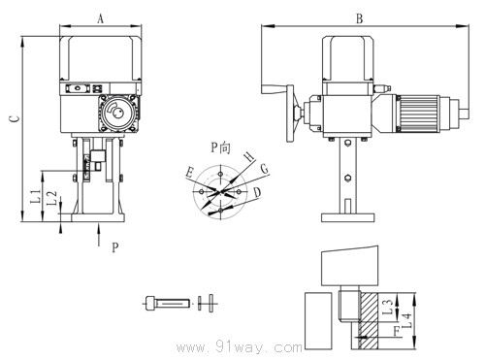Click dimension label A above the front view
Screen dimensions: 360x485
pos(101,18)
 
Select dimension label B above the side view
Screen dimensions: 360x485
pos(359,18)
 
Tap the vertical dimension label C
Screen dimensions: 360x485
pos(13,118)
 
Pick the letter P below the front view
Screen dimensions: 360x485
pos(114,248)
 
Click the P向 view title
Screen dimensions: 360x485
pos(222,147)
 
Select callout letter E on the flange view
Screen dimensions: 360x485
pos(190,172)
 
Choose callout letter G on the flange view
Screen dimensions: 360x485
pos(264,169)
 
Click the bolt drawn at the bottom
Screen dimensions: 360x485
pos(169,302)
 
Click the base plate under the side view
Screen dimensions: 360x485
pos(343,211)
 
